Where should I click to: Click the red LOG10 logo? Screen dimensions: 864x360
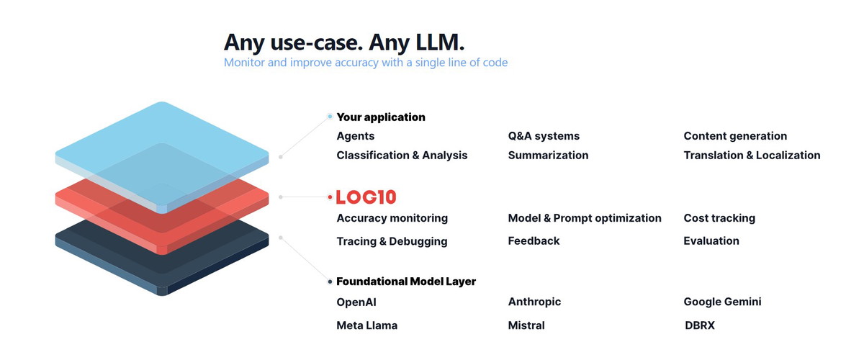click(366, 197)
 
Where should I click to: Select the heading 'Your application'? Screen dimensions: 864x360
click(381, 117)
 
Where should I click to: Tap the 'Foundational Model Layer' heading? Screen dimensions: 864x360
click(406, 282)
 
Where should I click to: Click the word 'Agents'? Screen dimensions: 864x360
click(355, 136)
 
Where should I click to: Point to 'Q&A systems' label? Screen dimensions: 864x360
click(544, 136)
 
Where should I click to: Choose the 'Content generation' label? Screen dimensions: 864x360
click(735, 136)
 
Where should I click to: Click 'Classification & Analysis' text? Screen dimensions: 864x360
click(402, 155)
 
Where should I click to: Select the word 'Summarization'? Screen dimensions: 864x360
click(548, 155)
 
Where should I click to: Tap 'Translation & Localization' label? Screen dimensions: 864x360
click(752, 155)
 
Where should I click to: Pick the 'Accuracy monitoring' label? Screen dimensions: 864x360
click(392, 218)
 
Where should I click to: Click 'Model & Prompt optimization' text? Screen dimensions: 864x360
click(585, 218)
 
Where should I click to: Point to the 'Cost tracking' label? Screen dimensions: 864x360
click(719, 218)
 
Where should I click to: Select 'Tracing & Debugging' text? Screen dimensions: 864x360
click(392, 241)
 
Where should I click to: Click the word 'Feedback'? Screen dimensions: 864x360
click(534, 240)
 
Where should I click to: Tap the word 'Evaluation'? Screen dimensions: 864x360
click(711, 240)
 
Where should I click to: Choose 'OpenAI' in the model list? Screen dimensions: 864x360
click(356, 302)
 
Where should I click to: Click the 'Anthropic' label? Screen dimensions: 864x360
click(534, 302)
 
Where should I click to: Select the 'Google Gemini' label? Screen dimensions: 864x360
click(722, 302)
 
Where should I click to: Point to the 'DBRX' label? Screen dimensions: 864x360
click(700, 325)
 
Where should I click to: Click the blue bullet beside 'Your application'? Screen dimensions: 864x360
click(330, 116)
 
